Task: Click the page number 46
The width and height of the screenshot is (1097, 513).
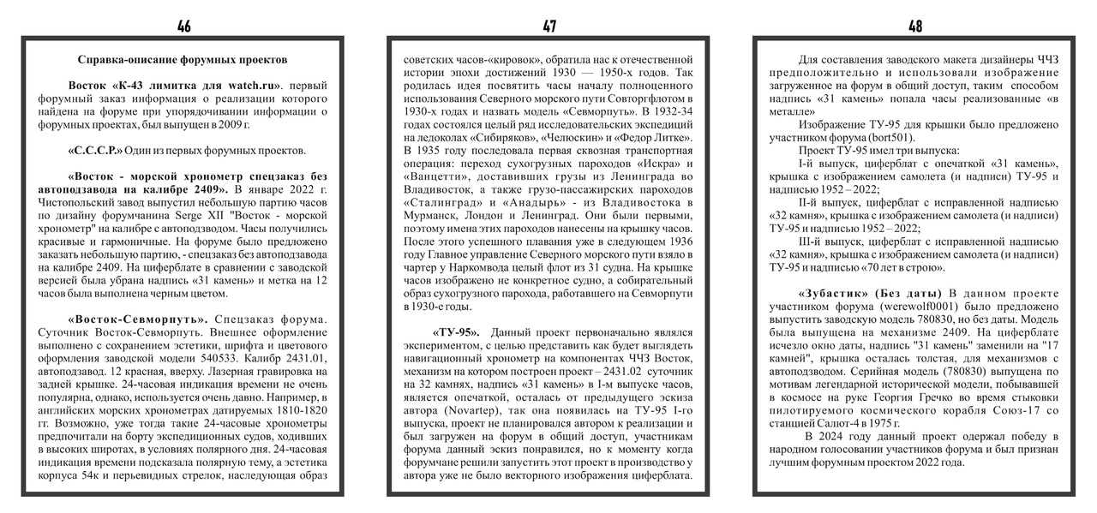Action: point(184,27)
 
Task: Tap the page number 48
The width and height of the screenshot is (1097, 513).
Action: point(915,27)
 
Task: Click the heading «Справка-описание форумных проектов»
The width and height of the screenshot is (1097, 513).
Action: point(183,60)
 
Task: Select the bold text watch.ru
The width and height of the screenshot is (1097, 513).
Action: point(251,86)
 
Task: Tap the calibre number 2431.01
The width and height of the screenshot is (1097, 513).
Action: point(301,359)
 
